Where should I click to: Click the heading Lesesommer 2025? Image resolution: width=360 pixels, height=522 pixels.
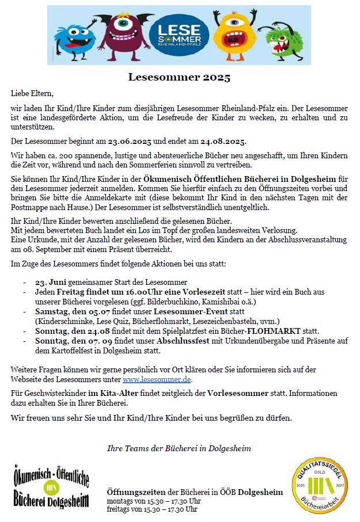click(179, 77)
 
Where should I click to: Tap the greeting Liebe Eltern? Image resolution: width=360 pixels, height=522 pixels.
click(32, 93)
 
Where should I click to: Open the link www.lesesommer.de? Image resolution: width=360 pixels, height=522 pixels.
click(157, 380)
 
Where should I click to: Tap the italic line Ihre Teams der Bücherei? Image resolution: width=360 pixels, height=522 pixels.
click(179, 448)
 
